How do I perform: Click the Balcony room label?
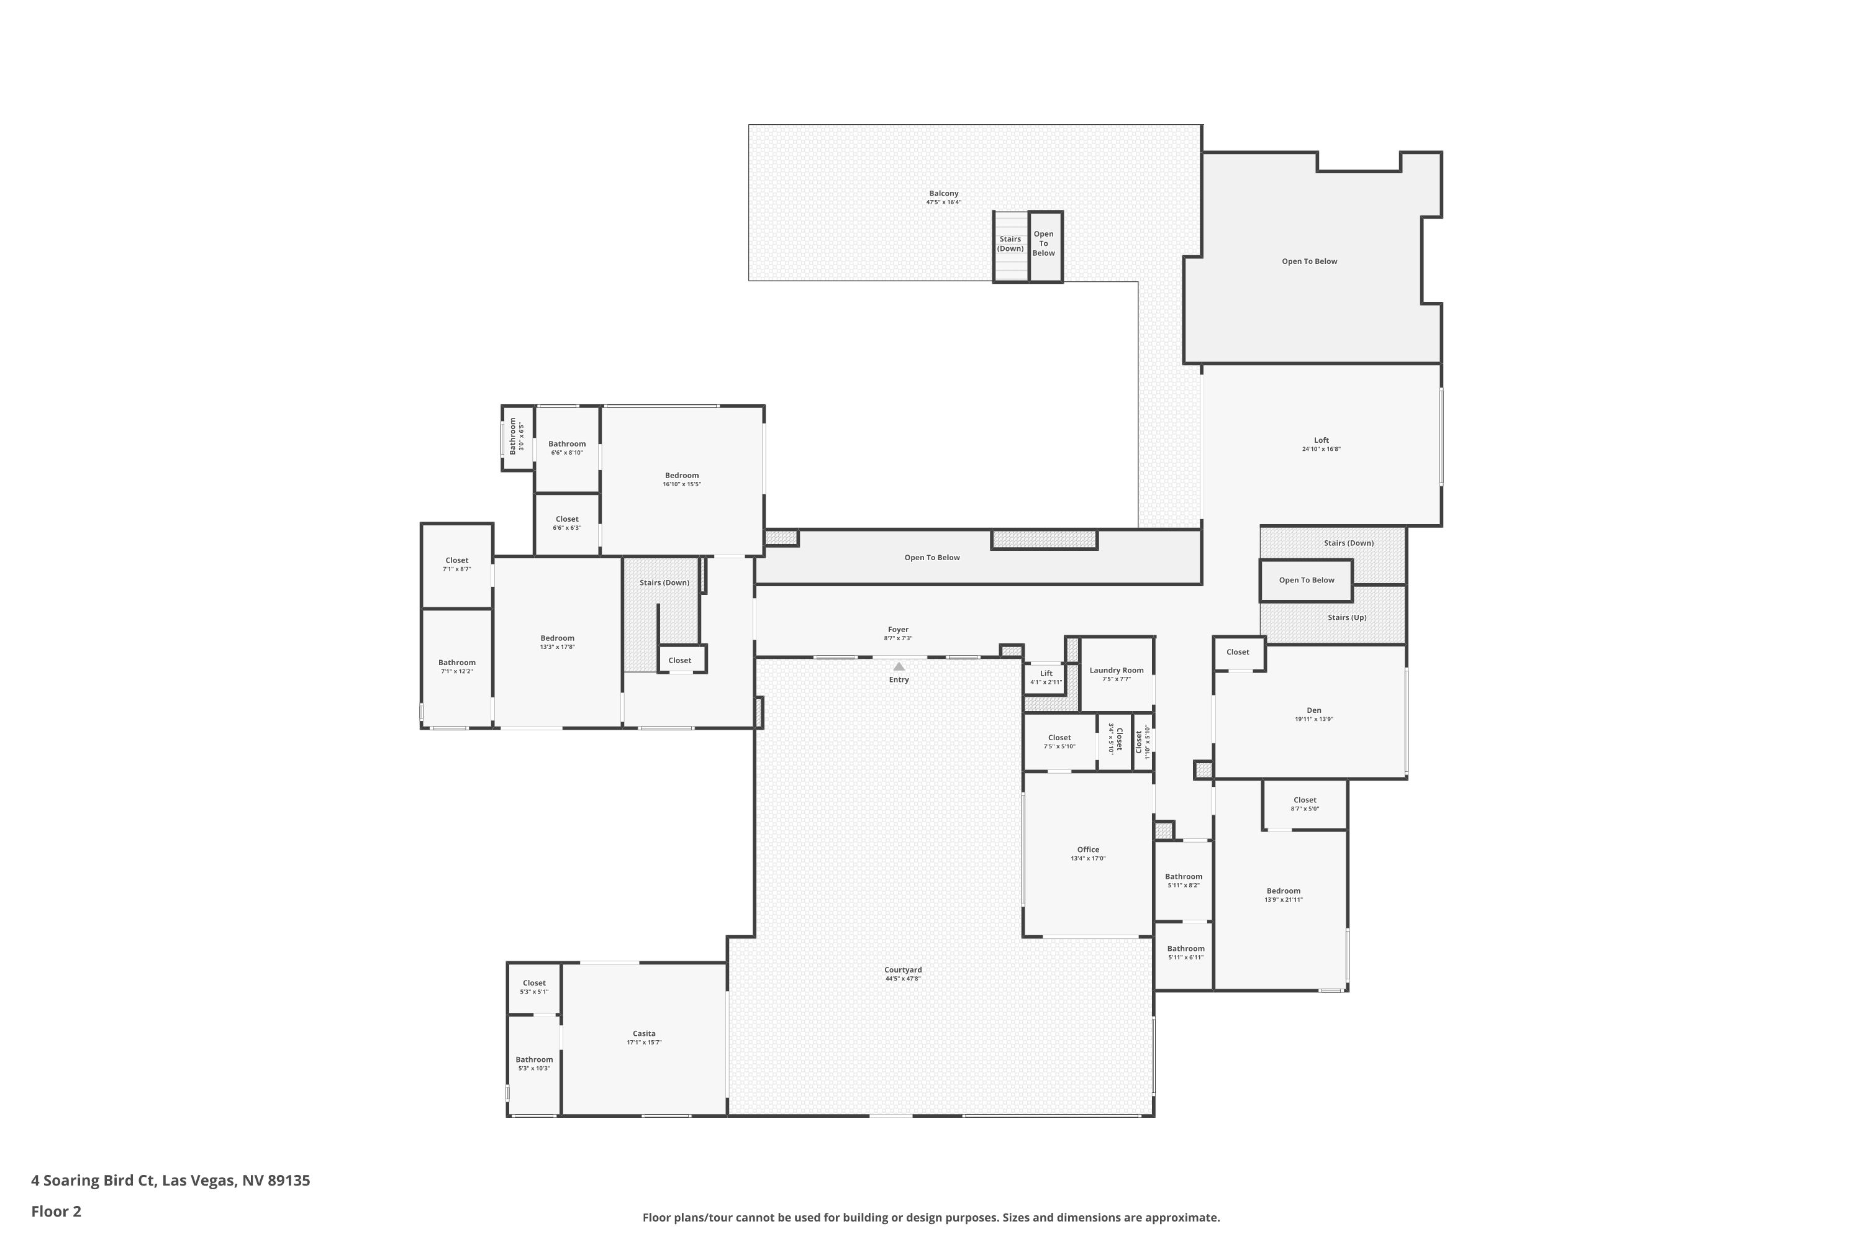pos(943,193)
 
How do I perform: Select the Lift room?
pos(1046,678)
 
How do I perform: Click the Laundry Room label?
pos(1116,670)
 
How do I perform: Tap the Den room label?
pos(1313,710)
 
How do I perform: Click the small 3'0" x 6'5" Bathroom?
pos(517,437)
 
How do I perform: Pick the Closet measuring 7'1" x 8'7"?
pos(456,564)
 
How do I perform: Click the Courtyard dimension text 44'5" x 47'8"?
pos(902,978)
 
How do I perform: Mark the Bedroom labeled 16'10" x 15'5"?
pos(681,479)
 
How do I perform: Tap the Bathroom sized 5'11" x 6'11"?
pos(1185,952)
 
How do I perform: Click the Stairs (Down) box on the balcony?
pos(1010,244)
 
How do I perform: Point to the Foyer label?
pos(897,630)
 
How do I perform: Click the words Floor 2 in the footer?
pos(57,1211)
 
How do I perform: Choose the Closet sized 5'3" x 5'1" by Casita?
pos(534,987)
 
